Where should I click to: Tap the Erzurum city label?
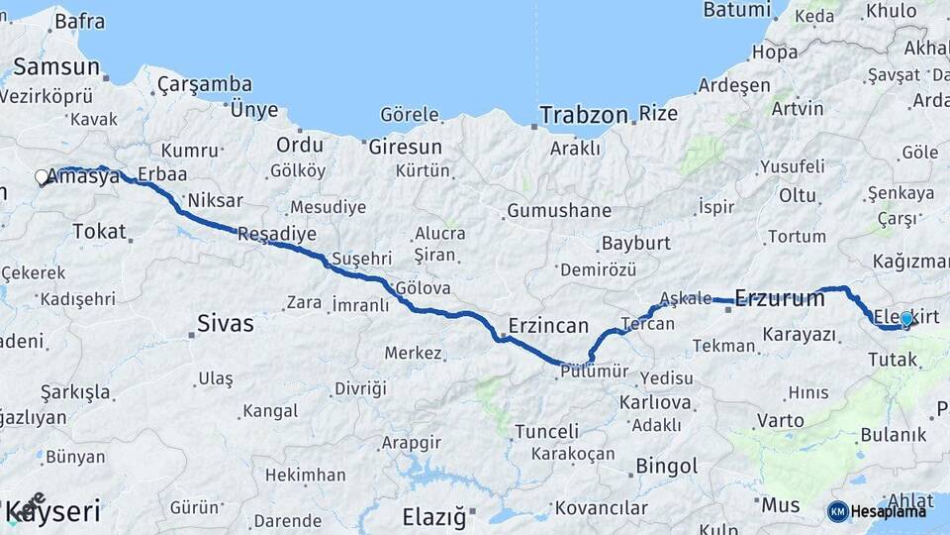(780, 298)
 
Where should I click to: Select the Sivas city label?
(226, 323)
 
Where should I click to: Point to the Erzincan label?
(548, 326)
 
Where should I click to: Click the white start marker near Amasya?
(42, 177)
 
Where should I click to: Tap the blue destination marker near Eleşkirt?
(905, 319)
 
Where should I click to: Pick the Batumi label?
(736, 10)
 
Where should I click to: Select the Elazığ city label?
(433, 515)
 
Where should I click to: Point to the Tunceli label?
(546, 431)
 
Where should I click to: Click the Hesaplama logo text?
(889, 511)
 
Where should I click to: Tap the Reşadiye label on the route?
(277, 235)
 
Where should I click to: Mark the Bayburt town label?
(636, 243)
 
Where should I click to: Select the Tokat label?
(100, 232)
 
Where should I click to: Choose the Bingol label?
(666, 466)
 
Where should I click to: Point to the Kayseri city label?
(54, 512)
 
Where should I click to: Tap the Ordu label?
(300, 145)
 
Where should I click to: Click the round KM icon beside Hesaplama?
(837, 511)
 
